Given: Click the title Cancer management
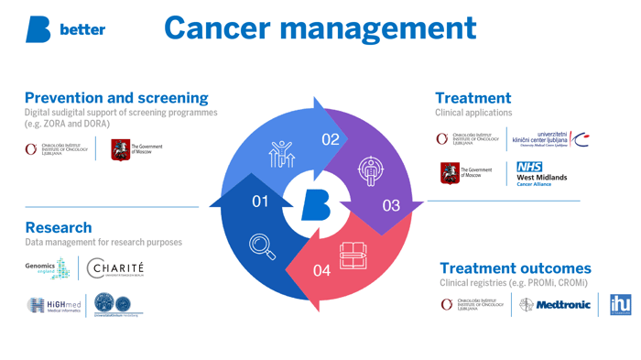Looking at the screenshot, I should [x=320, y=28].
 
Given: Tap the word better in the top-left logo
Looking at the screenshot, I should [x=82, y=30].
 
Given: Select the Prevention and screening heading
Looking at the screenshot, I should [x=116, y=97].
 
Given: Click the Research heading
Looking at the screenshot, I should [x=59, y=227].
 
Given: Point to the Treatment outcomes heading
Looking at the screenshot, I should [x=516, y=268].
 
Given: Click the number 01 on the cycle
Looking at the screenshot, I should [x=261, y=201].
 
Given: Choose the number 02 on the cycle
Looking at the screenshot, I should [x=331, y=139].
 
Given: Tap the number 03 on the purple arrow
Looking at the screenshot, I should [x=391, y=205].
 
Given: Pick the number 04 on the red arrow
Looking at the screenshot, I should [x=321, y=270].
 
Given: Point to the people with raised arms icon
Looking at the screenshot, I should [x=281, y=154].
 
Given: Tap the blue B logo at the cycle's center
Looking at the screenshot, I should [x=316, y=203].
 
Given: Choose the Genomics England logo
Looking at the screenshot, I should [x=48, y=267].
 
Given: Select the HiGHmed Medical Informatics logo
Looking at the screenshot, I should [x=54, y=306].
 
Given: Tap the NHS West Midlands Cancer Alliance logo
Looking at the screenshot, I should [x=540, y=174].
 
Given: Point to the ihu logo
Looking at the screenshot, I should [x=620, y=305].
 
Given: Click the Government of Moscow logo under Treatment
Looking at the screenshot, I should [x=467, y=172].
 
